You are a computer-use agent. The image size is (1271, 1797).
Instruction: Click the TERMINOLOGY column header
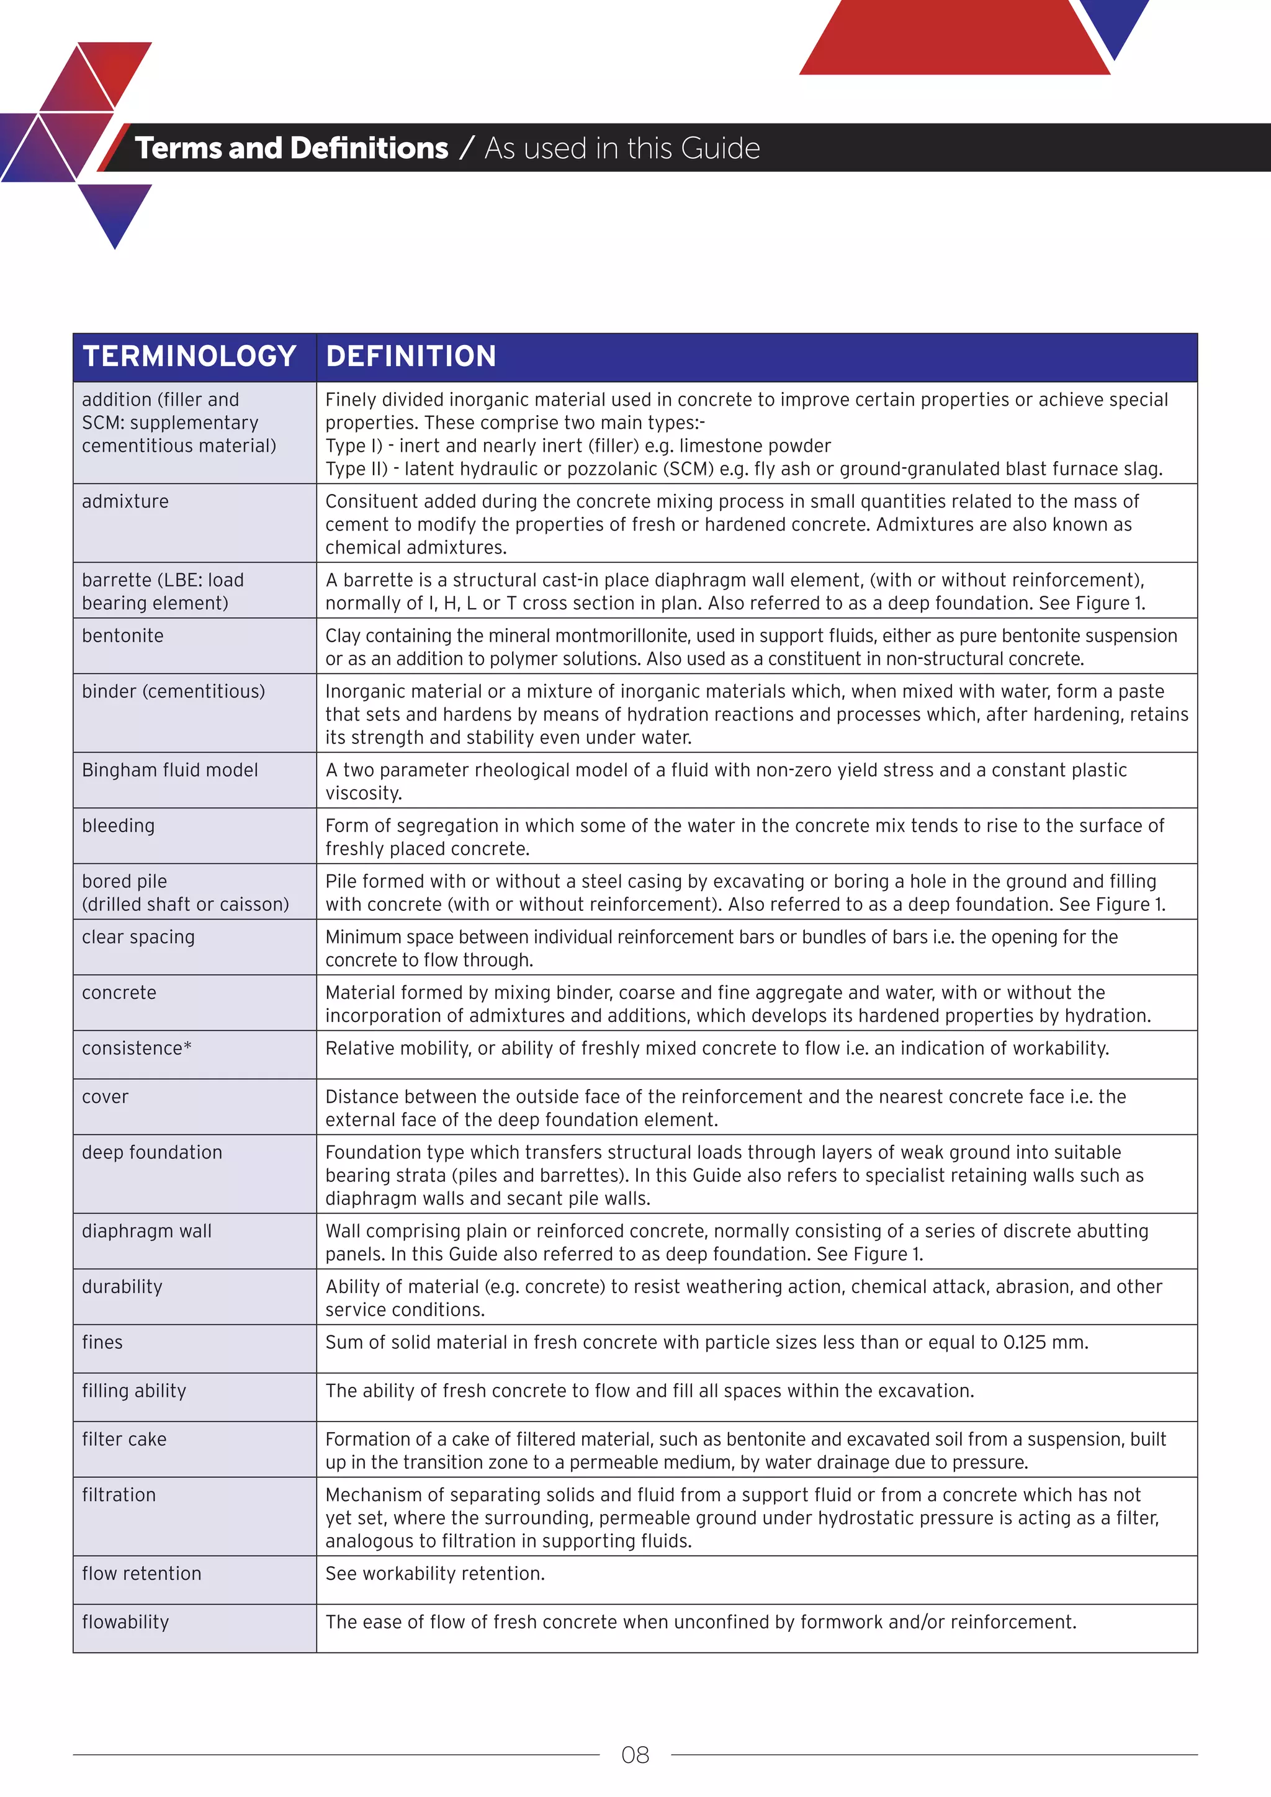pos(189,357)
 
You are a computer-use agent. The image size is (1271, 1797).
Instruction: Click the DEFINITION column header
pos(411,357)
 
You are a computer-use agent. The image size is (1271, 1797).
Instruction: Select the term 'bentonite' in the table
pos(123,635)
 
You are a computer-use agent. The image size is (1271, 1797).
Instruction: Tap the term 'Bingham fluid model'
pos(170,770)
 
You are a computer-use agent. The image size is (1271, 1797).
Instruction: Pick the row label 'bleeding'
pos(118,826)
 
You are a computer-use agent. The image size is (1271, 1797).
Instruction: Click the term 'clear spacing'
pos(138,937)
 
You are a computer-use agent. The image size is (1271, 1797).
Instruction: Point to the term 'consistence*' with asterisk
pos(137,1048)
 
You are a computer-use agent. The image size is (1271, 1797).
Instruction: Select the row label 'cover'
pos(105,1096)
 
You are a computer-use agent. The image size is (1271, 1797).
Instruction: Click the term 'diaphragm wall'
pos(147,1231)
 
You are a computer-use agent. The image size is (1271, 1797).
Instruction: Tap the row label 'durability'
pos(122,1287)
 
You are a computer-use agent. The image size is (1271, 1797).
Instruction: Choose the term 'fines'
pos(102,1342)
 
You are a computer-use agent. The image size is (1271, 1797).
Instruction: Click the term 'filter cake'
pos(125,1440)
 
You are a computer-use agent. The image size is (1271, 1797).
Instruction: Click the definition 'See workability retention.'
pos(435,1573)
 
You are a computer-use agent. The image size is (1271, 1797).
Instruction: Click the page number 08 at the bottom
pos(635,1755)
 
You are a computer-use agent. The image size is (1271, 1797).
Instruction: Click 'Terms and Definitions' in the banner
pos(291,148)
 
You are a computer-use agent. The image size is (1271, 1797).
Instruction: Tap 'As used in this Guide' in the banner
pos(622,148)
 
